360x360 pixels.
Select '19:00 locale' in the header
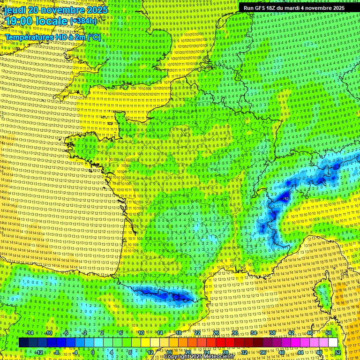[35, 21]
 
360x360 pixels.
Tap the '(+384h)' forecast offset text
[83, 21]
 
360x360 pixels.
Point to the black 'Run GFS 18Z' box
[294, 8]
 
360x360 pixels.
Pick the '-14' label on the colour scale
[30, 333]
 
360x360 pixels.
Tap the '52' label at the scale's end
[338, 352]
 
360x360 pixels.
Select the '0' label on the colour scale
[92, 352]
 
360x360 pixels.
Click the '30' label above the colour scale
[234, 333]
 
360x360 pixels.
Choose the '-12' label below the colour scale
[39, 352]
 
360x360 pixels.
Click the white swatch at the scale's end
[333, 342]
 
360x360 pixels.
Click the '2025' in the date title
[97, 10]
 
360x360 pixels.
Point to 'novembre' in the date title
[65, 10]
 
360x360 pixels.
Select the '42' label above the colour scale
[291, 333]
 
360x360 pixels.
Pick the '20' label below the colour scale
[187, 352]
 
